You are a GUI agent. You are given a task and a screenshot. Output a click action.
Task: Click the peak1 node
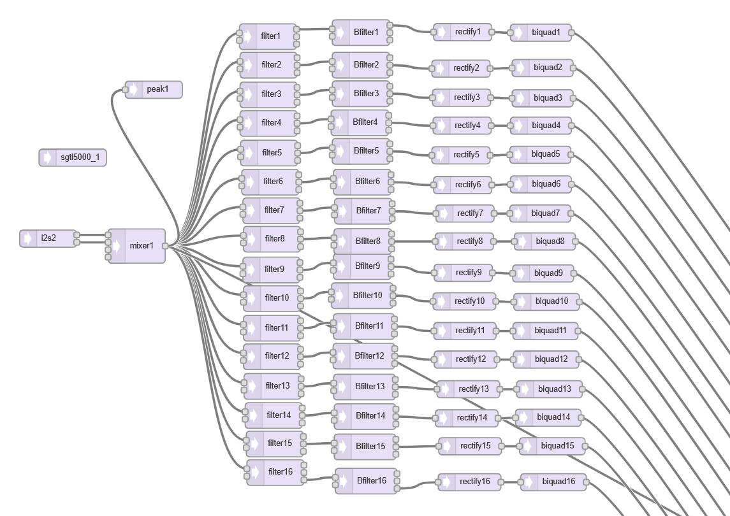pyautogui.click(x=154, y=89)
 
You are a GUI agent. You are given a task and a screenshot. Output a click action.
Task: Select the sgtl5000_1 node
pyautogui.click(x=73, y=157)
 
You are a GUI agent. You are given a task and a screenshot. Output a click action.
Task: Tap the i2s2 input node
pyautogui.click(x=48, y=238)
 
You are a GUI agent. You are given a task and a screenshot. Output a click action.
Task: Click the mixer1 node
pyautogui.click(x=137, y=246)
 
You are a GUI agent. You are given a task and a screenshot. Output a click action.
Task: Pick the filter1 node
pyautogui.click(x=268, y=36)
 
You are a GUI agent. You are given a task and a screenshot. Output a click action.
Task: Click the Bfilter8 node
pyautogui.click(x=364, y=241)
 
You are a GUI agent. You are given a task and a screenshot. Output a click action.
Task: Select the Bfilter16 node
pyautogui.click(x=367, y=480)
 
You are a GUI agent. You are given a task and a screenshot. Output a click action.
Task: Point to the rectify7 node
pyautogui.click(x=465, y=213)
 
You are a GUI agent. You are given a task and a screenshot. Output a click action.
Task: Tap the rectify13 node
pyautogui.click(x=469, y=389)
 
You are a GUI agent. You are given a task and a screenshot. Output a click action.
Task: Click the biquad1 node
pyautogui.click(x=541, y=32)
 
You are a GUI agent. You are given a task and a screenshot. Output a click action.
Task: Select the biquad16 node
pyautogui.click(x=553, y=482)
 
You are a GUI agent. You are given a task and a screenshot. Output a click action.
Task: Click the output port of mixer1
pyautogui.click(x=165, y=246)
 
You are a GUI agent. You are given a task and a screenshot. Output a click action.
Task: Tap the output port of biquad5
pyautogui.click(x=571, y=154)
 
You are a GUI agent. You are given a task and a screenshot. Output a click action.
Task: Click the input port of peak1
pyautogui.click(x=125, y=90)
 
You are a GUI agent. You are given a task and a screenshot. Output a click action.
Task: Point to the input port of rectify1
pyautogui.click(x=434, y=32)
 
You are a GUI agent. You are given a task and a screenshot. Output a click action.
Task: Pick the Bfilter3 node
pyautogui.click(x=361, y=94)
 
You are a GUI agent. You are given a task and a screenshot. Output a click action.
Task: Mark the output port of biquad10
pyautogui.click(x=579, y=302)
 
